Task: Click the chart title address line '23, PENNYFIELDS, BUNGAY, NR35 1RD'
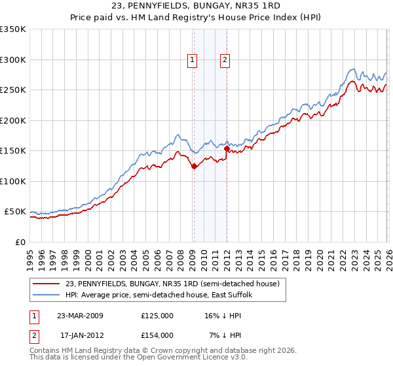point(196,6)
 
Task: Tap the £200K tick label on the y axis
point(12,120)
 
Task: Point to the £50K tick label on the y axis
point(14,212)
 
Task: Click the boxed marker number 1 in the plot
point(193,61)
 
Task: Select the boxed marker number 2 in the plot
point(225,61)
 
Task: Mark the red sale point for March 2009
point(194,166)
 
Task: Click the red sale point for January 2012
point(227,148)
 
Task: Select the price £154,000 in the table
point(157,335)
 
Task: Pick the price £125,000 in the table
point(157,315)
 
